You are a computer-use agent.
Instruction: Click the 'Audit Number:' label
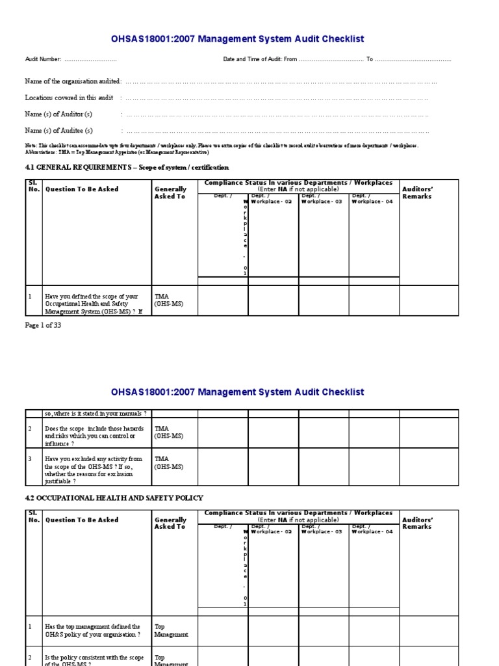pos(44,59)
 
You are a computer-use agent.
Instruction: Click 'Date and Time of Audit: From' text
pos(260,59)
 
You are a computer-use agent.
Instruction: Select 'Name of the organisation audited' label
pos(73,81)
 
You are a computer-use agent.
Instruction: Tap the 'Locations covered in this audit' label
pos(69,98)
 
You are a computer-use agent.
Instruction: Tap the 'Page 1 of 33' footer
pos(43,326)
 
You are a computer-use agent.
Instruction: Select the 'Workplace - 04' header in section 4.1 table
pos(373,202)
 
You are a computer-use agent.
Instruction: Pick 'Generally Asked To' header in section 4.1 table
pos(170,193)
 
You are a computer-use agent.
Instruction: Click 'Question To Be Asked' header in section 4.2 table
pos(81,520)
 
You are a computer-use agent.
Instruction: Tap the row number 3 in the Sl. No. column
pos(29,459)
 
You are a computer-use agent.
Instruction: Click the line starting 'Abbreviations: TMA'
pos(117,152)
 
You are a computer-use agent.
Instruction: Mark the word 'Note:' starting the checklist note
pos(31,146)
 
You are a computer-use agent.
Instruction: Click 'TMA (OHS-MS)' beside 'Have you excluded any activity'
pos(169,462)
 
